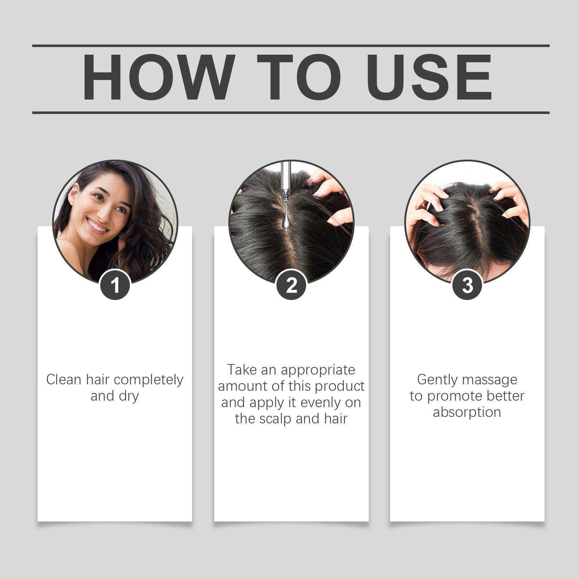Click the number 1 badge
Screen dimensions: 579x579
coord(115,285)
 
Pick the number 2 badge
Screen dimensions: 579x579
coord(291,285)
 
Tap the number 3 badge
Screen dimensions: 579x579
coord(467,285)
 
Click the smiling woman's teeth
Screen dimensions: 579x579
coord(97,226)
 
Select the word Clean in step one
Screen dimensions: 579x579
coord(64,380)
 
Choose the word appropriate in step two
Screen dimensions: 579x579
coord(318,370)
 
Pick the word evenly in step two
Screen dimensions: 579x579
coord(321,402)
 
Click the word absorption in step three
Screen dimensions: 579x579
coord(467,412)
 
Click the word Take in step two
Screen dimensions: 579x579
coord(242,370)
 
